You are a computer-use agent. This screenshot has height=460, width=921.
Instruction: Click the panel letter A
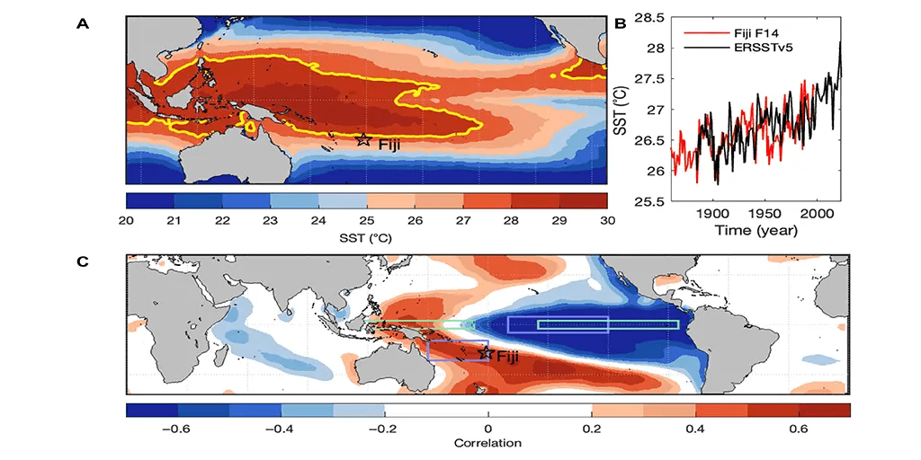point(83,24)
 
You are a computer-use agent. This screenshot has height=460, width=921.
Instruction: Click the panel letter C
point(83,261)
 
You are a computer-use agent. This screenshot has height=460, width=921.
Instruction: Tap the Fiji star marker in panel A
point(362,140)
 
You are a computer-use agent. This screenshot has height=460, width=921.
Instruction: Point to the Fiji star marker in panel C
point(487,353)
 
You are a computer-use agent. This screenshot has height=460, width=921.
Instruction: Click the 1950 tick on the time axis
point(764,214)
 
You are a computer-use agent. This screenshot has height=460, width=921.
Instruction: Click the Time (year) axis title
point(756,230)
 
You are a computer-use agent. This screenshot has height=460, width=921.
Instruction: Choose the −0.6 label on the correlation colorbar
point(177,429)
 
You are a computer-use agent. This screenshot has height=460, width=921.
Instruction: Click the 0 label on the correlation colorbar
point(488,429)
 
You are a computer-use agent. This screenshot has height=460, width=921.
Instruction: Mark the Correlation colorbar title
point(488,444)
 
